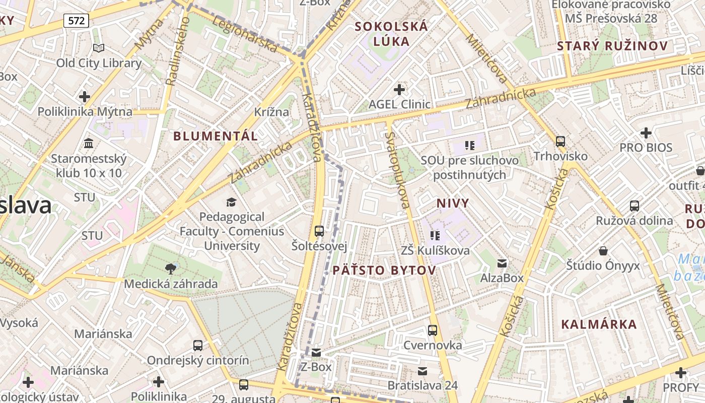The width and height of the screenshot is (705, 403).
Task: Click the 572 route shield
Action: pyautogui.click(x=77, y=21)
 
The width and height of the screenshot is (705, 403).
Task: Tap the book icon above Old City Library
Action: pyautogui.click(x=99, y=48)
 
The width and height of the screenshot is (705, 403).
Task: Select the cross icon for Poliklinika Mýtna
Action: pyautogui.click(x=85, y=96)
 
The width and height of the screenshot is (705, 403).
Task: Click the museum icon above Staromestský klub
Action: pyautogui.click(x=89, y=144)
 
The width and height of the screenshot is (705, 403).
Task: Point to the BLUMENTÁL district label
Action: pyautogui.click(x=216, y=136)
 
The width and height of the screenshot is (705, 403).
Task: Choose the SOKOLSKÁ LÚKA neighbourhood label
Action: pyautogui.click(x=392, y=34)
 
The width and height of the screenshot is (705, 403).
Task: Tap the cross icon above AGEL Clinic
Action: pyautogui.click(x=399, y=90)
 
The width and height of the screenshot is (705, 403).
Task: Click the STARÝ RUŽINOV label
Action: pyautogui.click(x=612, y=46)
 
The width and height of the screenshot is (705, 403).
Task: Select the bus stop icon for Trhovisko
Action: pyautogui.click(x=560, y=142)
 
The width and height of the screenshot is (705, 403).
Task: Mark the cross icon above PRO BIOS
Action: pyautogui.click(x=646, y=133)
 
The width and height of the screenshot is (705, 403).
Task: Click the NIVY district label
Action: pyautogui.click(x=453, y=204)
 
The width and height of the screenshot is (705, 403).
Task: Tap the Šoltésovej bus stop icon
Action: pyautogui.click(x=319, y=231)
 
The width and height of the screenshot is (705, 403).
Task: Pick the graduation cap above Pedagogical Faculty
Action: pyautogui.click(x=231, y=202)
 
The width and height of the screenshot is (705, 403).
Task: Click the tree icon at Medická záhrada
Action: pyautogui.click(x=171, y=269)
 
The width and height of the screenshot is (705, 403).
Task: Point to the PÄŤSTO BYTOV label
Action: pyautogui.click(x=384, y=271)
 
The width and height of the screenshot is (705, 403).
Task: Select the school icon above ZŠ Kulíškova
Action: pyautogui.click(x=435, y=235)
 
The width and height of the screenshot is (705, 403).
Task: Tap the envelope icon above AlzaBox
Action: pyautogui.click(x=502, y=263)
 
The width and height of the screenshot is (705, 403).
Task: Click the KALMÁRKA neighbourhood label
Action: pyautogui.click(x=599, y=324)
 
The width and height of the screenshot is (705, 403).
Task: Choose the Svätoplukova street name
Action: pyautogui.click(x=397, y=170)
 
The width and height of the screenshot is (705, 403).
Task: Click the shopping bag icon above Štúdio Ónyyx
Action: pyautogui.click(x=603, y=250)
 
